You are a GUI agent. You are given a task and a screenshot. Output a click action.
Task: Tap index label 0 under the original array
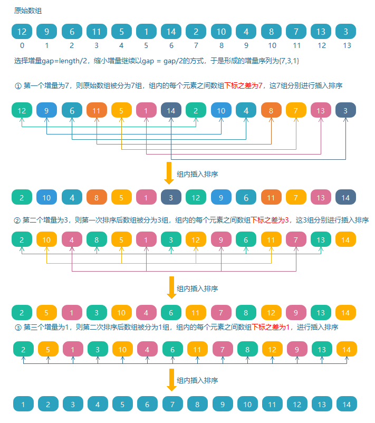click(22, 45)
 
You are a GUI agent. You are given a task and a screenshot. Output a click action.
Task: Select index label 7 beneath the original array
click(196, 45)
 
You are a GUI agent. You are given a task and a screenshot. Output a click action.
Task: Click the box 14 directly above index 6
click(171, 32)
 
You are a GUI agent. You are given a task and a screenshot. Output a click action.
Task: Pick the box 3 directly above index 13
click(345, 32)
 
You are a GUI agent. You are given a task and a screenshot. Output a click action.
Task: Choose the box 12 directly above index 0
click(22, 32)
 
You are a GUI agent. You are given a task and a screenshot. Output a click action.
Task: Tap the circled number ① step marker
click(18, 86)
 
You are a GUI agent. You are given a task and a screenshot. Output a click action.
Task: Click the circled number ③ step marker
click(18, 327)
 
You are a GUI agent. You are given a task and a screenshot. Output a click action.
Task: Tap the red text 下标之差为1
click(271, 327)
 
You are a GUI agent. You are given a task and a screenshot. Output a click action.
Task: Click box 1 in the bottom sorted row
click(23, 405)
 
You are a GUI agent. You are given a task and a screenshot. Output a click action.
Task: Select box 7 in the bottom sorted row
click(172, 405)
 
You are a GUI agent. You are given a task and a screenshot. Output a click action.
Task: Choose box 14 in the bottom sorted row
click(347, 405)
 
